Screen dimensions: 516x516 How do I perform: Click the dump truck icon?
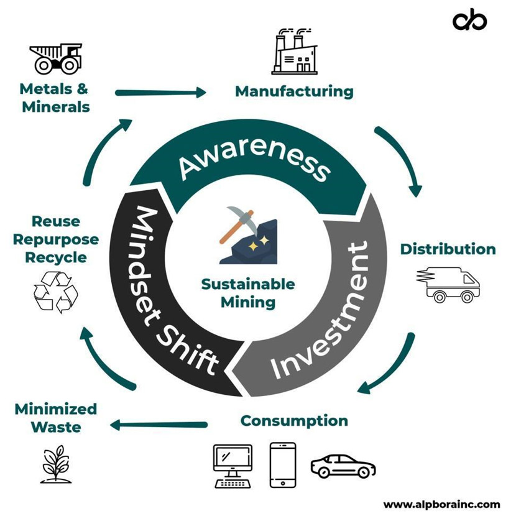coord(56,58)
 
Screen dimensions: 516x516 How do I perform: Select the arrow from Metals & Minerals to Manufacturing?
coord(160,92)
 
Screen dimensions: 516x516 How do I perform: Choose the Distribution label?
coord(448,249)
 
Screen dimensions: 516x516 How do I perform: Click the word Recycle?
coord(56,257)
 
